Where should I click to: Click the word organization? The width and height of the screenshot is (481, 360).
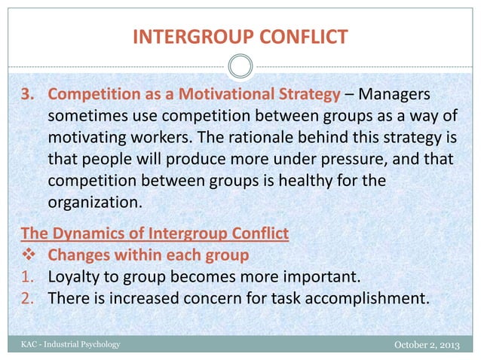95,204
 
